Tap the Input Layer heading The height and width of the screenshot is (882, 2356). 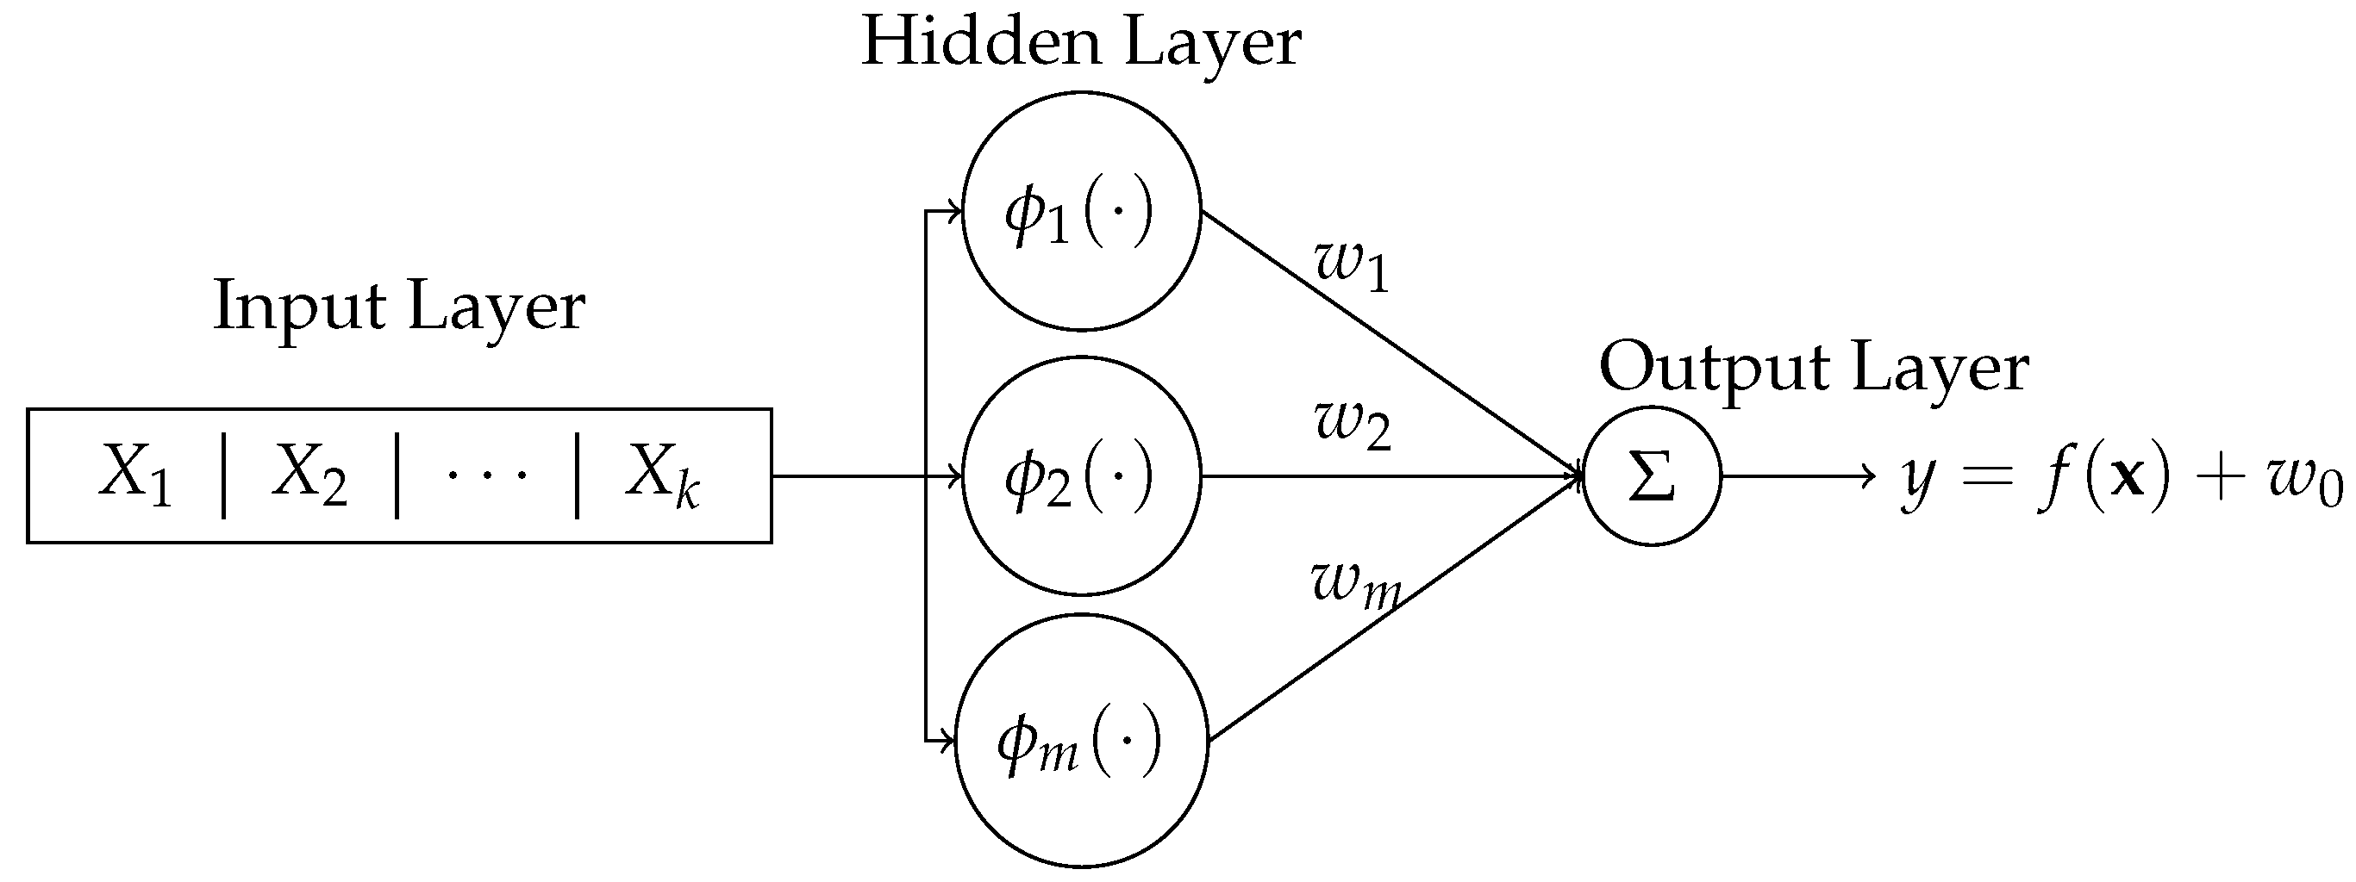coord(399,306)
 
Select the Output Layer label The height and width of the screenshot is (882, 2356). coord(1814,368)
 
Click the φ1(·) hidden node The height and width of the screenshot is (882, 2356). coord(1081,211)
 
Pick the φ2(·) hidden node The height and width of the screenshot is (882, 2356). coord(1081,476)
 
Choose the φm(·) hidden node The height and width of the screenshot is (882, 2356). coord(1081,741)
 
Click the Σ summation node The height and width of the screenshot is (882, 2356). coord(1652,476)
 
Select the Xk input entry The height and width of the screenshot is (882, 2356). coord(662,475)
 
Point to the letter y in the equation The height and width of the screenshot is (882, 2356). coord(1915,480)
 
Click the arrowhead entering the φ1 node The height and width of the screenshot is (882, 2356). coord(955,211)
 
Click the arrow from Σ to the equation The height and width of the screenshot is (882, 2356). coord(1797,476)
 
